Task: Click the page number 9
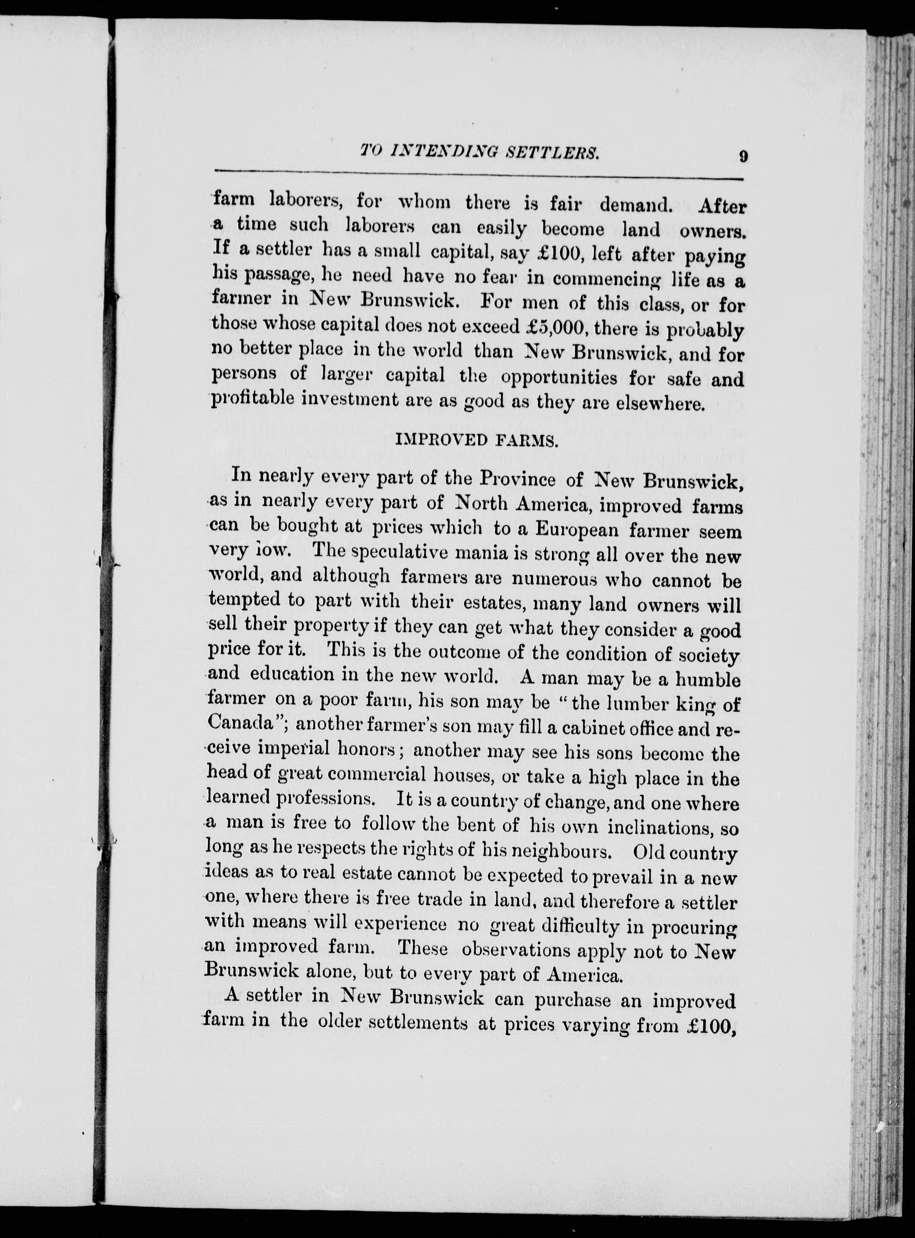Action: (743, 156)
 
